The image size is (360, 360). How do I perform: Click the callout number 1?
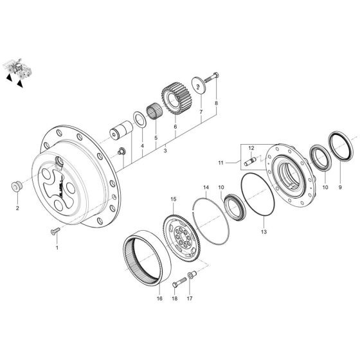tap(56, 247)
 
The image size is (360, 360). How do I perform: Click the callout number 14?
tap(206, 188)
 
